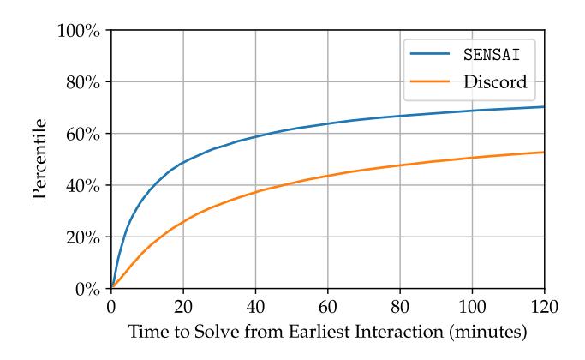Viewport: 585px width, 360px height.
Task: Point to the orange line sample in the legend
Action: click(x=433, y=83)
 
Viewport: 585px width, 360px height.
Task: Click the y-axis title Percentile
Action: click(x=39, y=160)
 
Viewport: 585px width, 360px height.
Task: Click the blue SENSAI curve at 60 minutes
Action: click(x=327, y=123)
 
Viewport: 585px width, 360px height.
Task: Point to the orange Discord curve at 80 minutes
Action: click(x=400, y=165)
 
